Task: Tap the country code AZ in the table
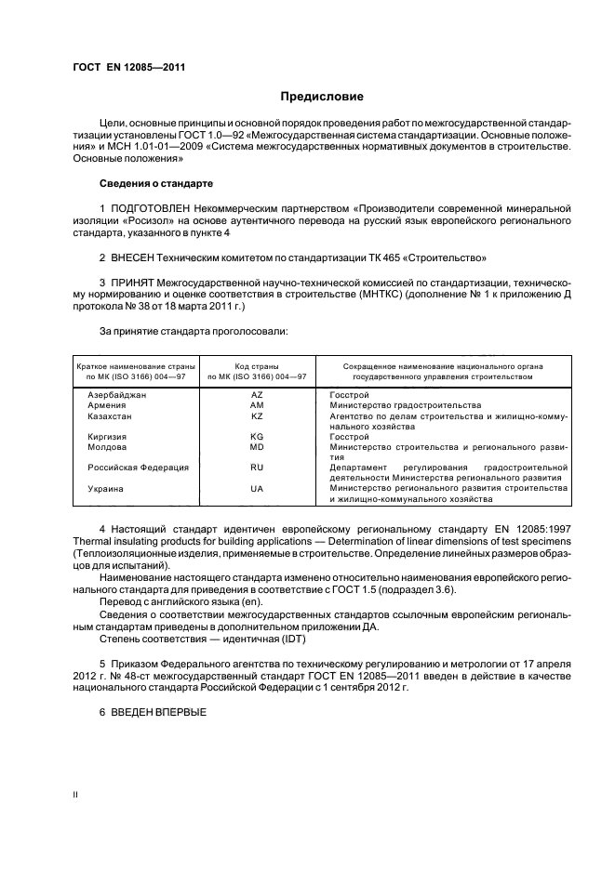pyautogui.click(x=258, y=395)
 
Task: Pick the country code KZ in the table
pyautogui.click(x=258, y=416)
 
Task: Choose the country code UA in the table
pyautogui.click(x=258, y=488)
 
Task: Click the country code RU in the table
pyautogui.click(x=258, y=467)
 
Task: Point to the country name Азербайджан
pyautogui.click(x=117, y=395)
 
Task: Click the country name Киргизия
pyautogui.click(x=109, y=436)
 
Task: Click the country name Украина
pyautogui.click(x=106, y=488)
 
